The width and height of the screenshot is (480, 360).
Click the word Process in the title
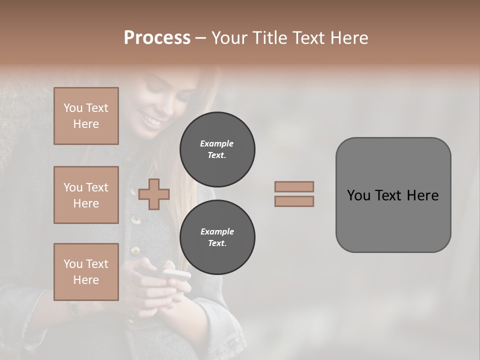click(157, 37)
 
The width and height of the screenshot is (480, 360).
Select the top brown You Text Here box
click(86, 116)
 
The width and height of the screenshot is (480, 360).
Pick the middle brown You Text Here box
click(86, 195)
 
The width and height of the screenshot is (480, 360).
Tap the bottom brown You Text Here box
click(86, 271)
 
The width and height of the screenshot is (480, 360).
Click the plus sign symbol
click(154, 194)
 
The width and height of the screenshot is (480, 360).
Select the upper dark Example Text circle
click(217, 149)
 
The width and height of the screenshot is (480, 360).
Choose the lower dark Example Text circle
click(217, 237)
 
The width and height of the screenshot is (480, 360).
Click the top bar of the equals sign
click(294, 186)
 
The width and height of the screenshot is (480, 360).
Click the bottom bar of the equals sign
click(294, 201)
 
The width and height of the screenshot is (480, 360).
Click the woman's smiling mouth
click(151, 120)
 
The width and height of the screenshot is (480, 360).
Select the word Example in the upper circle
click(216, 143)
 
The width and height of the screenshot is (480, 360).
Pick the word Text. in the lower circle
click(216, 243)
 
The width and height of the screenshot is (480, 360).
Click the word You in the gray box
click(358, 195)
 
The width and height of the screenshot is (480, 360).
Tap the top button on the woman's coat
click(132, 191)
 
